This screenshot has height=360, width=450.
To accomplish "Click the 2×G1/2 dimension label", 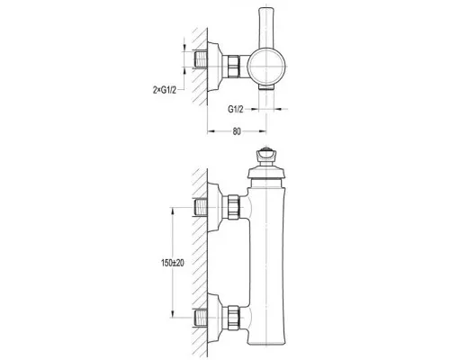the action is pos(165,90).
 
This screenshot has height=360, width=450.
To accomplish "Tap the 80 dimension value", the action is pos(237,131).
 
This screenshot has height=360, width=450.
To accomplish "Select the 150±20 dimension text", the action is pos(173,263).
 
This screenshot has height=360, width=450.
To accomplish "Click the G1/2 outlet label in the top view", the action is pos(236,109).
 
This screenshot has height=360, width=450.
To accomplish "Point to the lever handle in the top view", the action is pos(266,28).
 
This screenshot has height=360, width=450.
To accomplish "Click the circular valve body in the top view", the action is pos(266,67).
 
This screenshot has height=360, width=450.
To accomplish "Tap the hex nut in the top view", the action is pos(233,66).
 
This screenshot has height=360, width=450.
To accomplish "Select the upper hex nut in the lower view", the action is pos(233,207).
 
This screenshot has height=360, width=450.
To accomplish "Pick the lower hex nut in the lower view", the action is pos(233,318).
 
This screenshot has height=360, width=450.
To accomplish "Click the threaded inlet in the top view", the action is pos(201,58).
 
